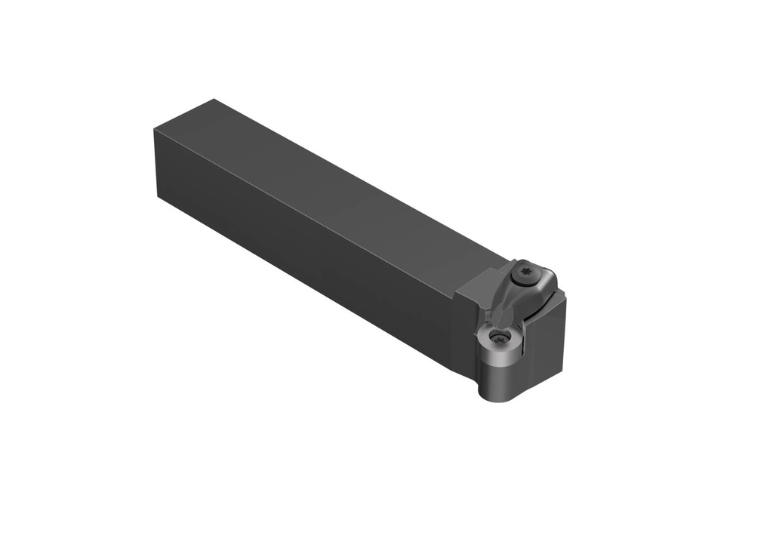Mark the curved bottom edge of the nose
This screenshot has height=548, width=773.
(x=495, y=399)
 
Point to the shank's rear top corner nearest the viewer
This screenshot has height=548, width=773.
(x=156, y=131)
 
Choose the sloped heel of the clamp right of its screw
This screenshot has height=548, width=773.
(x=547, y=283)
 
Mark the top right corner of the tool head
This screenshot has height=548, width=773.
(x=565, y=299)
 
